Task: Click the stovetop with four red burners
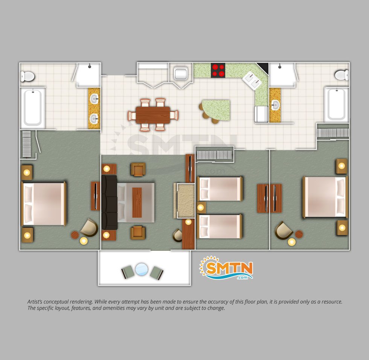pos(218,70)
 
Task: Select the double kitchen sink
pos(252,80)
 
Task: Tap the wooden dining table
pos(153,115)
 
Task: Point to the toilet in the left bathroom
pos(27,76)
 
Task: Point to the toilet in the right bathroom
pos(342,75)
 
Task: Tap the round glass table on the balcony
pos(142,269)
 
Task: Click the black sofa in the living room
pos(109,202)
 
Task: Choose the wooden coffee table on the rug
pos(137,202)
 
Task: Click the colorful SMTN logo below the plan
pos(226,268)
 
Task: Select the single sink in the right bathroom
pos(275,105)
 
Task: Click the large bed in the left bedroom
pos(44,204)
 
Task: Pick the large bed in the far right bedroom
pos(325,197)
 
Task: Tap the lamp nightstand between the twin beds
pos(201,207)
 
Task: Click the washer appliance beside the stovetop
pos(181,73)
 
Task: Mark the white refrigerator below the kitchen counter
pos(261,114)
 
